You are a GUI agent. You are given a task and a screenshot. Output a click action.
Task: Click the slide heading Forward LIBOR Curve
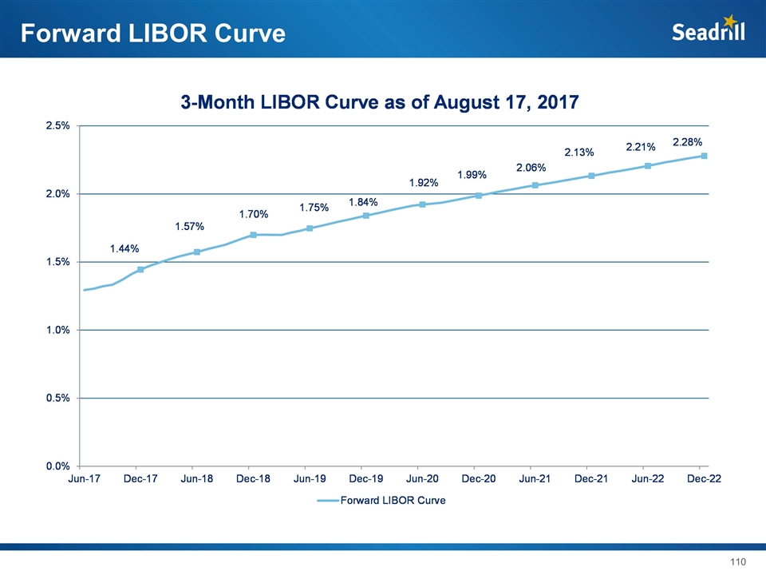click(152, 34)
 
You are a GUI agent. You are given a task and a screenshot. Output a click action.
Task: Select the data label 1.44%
click(124, 248)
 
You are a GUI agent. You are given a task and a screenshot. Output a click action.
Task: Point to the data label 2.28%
click(687, 142)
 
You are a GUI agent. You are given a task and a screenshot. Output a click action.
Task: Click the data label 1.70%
click(254, 215)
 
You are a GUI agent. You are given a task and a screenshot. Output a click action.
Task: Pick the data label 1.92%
click(424, 183)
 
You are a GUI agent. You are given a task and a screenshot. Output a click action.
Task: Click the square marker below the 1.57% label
click(196, 252)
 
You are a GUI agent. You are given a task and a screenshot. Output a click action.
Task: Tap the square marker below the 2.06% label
click(535, 185)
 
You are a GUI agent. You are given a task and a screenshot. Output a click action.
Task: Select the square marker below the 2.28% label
click(704, 156)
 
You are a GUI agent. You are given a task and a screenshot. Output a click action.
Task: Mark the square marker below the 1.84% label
click(365, 216)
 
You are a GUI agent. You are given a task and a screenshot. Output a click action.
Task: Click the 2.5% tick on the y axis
click(57, 126)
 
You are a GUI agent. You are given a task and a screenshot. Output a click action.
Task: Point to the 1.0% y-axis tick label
click(57, 330)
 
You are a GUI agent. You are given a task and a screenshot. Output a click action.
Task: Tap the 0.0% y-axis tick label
click(57, 466)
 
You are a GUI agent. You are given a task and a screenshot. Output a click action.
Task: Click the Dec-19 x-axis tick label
click(366, 479)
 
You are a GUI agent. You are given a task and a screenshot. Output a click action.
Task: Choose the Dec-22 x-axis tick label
click(704, 479)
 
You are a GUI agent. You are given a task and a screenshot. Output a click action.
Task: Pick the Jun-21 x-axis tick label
click(535, 479)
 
